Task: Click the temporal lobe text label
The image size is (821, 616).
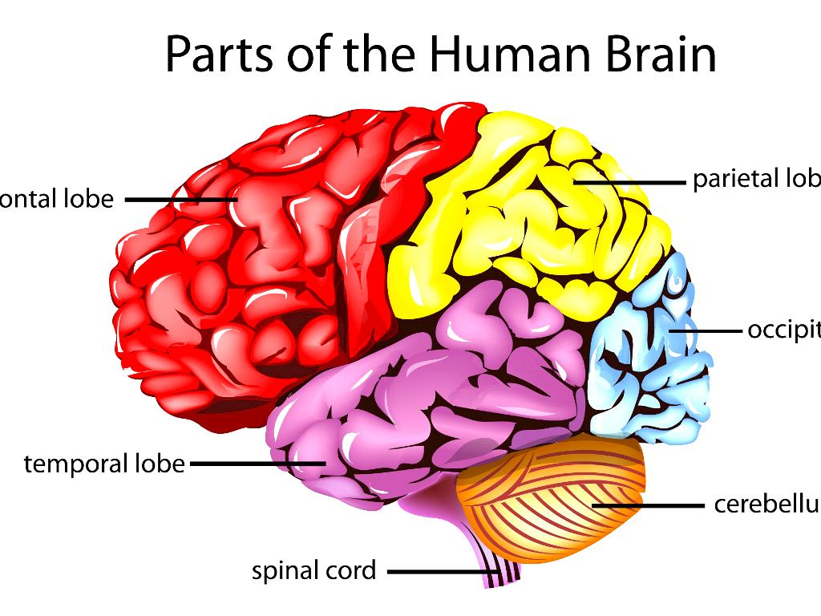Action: click(104, 464)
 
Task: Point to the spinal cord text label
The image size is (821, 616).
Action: click(313, 571)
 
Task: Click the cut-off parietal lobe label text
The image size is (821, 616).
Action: click(756, 179)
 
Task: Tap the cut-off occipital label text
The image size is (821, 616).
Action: click(783, 330)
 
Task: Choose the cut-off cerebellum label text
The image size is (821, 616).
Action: click(766, 505)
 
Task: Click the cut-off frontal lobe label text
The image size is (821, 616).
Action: click(57, 198)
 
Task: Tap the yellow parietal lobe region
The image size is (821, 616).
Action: click(521, 217)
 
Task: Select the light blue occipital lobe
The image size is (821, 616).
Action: click(649, 361)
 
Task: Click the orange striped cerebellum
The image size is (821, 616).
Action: click(553, 497)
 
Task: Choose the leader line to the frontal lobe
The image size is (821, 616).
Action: click(180, 198)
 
